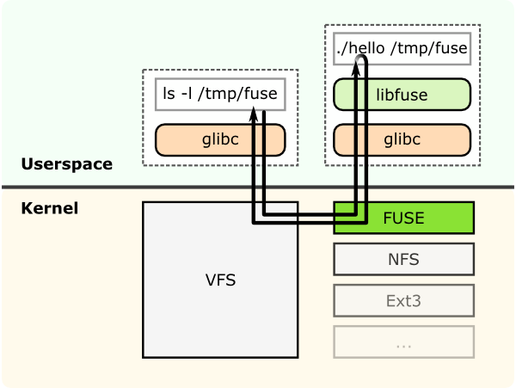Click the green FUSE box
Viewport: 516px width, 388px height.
coord(403,218)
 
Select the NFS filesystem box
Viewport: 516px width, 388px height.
coord(403,259)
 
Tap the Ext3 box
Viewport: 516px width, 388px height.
coord(403,301)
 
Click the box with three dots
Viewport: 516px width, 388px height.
coord(403,342)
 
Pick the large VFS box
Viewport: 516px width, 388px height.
coord(220,280)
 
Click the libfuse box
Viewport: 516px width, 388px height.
coord(402,94)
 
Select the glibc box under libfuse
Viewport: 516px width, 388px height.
coord(402,139)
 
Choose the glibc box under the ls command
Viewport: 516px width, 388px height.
coord(220,139)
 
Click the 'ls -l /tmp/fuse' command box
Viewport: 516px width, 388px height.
coord(220,94)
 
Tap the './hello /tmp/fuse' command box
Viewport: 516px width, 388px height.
coord(402,49)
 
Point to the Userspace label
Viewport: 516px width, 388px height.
coord(66,164)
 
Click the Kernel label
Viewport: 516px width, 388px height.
coord(49,208)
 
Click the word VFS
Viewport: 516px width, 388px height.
coord(220,280)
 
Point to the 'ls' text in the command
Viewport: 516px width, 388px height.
coord(169,94)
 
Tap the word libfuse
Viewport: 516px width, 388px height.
coord(402,94)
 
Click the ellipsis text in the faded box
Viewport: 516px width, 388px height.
coord(403,343)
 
